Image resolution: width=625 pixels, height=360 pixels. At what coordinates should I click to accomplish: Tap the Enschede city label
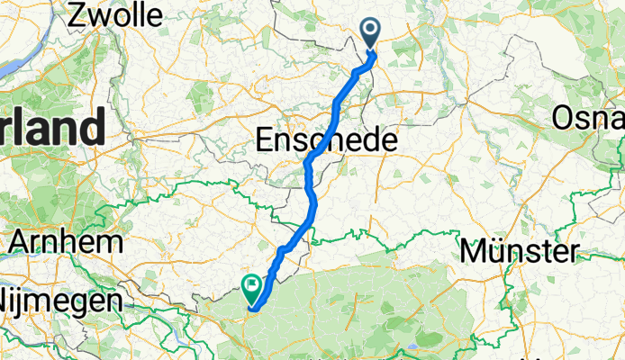tap(326, 140)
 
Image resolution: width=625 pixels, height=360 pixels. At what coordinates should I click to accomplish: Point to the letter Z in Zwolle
tap(77, 14)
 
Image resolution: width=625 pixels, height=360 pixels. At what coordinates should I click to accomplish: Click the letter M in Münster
tap(472, 251)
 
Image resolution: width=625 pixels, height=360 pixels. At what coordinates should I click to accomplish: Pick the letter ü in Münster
tap(494, 251)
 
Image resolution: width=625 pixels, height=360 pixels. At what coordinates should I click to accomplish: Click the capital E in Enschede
tap(266, 140)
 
